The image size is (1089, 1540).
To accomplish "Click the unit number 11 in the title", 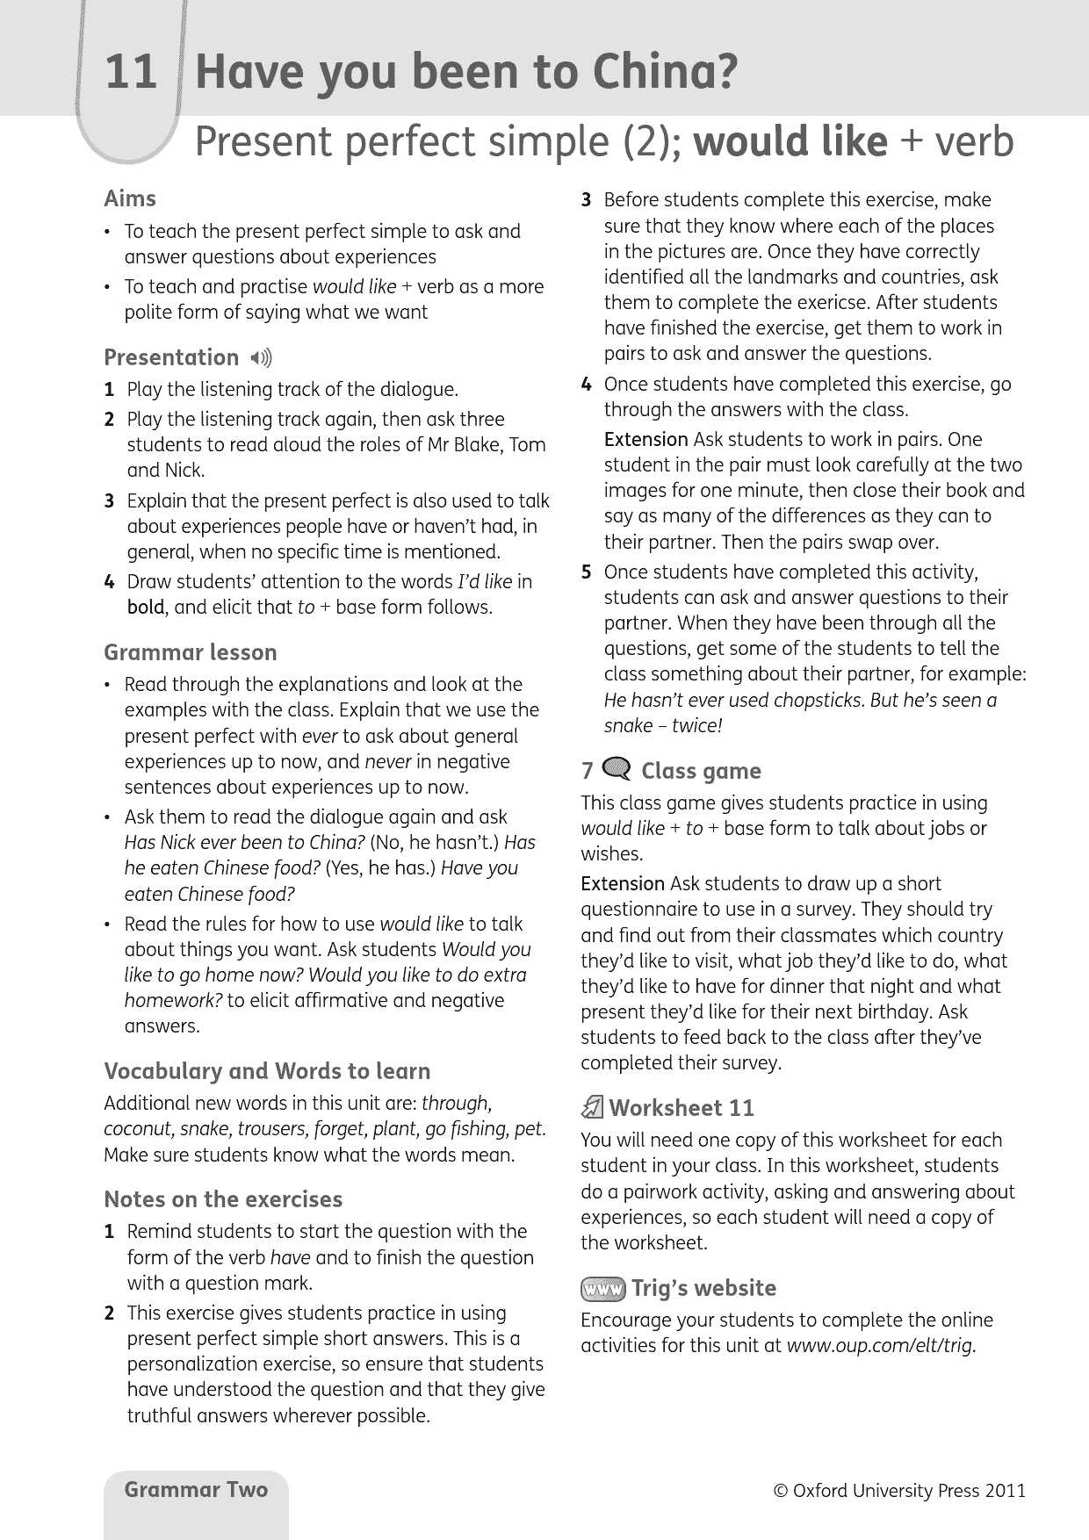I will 130,73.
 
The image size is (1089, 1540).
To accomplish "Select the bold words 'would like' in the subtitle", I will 790,141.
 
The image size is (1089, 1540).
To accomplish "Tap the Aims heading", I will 130,198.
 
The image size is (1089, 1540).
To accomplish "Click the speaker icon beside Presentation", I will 261,358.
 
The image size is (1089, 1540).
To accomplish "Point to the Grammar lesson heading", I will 190,652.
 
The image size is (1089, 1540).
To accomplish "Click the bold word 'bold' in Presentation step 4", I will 145,608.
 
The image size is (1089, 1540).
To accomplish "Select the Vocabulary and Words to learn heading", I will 267,1071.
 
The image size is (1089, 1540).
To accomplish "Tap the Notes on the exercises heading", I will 223,1199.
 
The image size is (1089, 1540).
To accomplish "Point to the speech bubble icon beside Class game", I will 618,771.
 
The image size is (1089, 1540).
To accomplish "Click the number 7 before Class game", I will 588,772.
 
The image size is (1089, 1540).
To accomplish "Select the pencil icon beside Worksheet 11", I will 592,1108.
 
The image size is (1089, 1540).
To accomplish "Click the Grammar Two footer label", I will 196,1489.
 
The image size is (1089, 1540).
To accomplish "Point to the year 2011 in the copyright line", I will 1005,1491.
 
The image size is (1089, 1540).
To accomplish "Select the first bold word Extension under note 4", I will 645,440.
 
